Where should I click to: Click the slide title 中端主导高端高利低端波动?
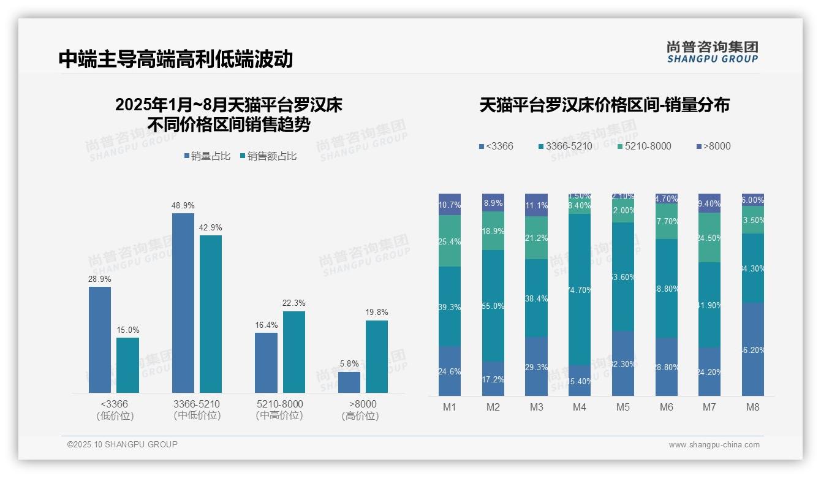click(175, 59)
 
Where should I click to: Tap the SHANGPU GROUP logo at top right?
click(712, 52)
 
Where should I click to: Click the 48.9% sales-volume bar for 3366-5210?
click(183, 303)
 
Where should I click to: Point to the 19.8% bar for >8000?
click(377, 356)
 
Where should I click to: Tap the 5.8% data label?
click(349, 363)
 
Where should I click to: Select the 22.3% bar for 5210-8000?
click(294, 352)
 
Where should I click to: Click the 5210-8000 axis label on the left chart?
click(279, 404)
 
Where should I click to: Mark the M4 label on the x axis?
click(580, 408)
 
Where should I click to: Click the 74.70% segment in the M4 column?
click(580, 289)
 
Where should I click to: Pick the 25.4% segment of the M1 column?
click(450, 241)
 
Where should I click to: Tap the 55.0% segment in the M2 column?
click(493, 305)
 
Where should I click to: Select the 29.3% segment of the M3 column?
click(536, 366)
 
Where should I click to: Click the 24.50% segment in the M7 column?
click(709, 238)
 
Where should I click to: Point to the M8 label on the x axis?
click(753, 408)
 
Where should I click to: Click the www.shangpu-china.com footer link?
click(714, 445)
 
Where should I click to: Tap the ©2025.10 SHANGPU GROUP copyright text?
click(123, 444)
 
